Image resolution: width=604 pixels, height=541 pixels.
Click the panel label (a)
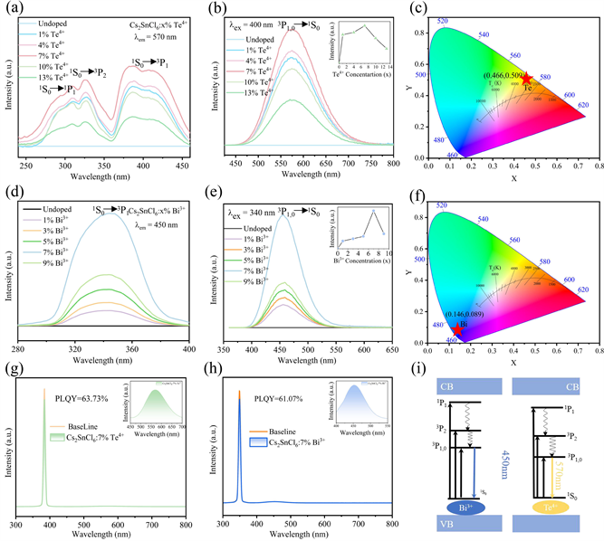[x=13, y=8]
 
